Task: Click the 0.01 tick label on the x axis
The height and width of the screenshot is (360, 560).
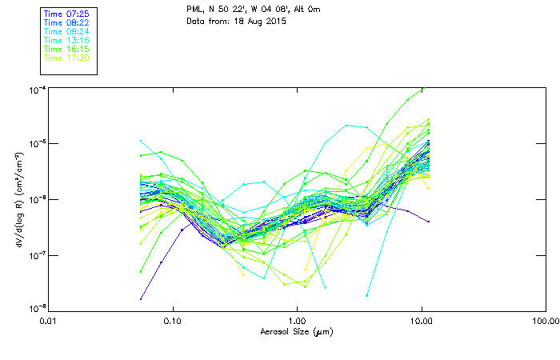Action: click(x=48, y=321)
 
